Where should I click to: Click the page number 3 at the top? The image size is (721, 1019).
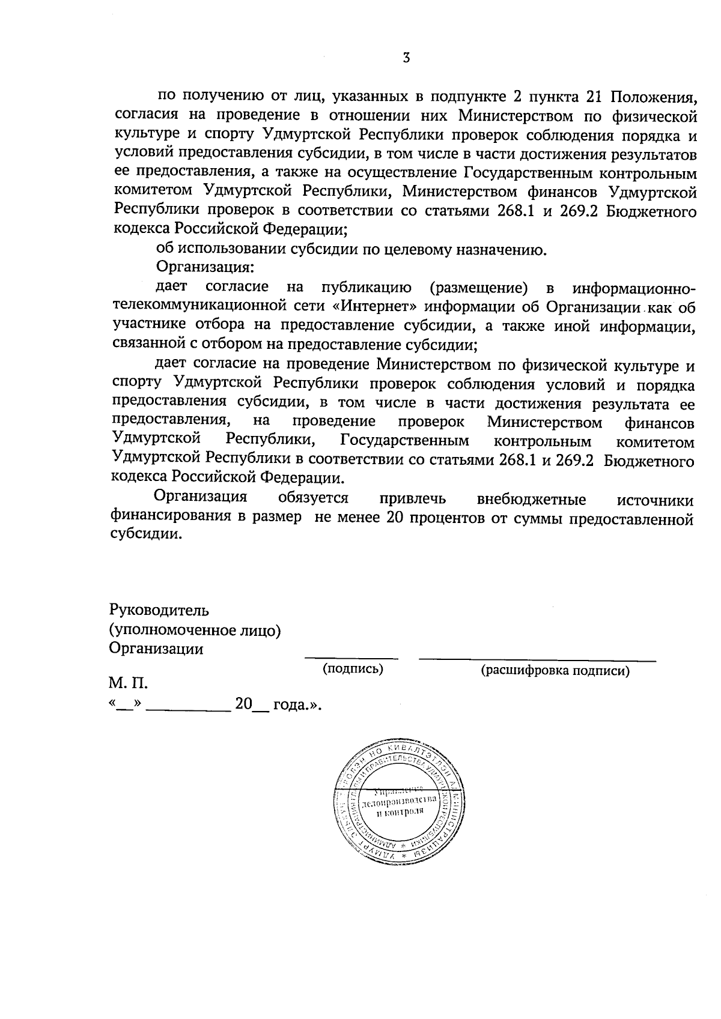click(x=406, y=58)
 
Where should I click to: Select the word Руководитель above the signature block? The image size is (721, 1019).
click(x=159, y=611)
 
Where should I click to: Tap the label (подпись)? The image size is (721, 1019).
click(x=353, y=668)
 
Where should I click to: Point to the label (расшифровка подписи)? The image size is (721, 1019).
click(x=555, y=671)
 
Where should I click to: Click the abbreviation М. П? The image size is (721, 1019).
click(x=127, y=683)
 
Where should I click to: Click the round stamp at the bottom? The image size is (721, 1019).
click(x=399, y=802)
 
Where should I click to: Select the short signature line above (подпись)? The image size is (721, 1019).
click(x=351, y=659)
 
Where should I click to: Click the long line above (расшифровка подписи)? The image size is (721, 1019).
click(x=537, y=660)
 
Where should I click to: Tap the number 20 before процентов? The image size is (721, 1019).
click(x=389, y=518)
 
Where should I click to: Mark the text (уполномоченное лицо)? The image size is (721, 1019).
click(x=195, y=630)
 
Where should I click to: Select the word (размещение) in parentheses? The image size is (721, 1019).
click(x=479, y=288)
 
